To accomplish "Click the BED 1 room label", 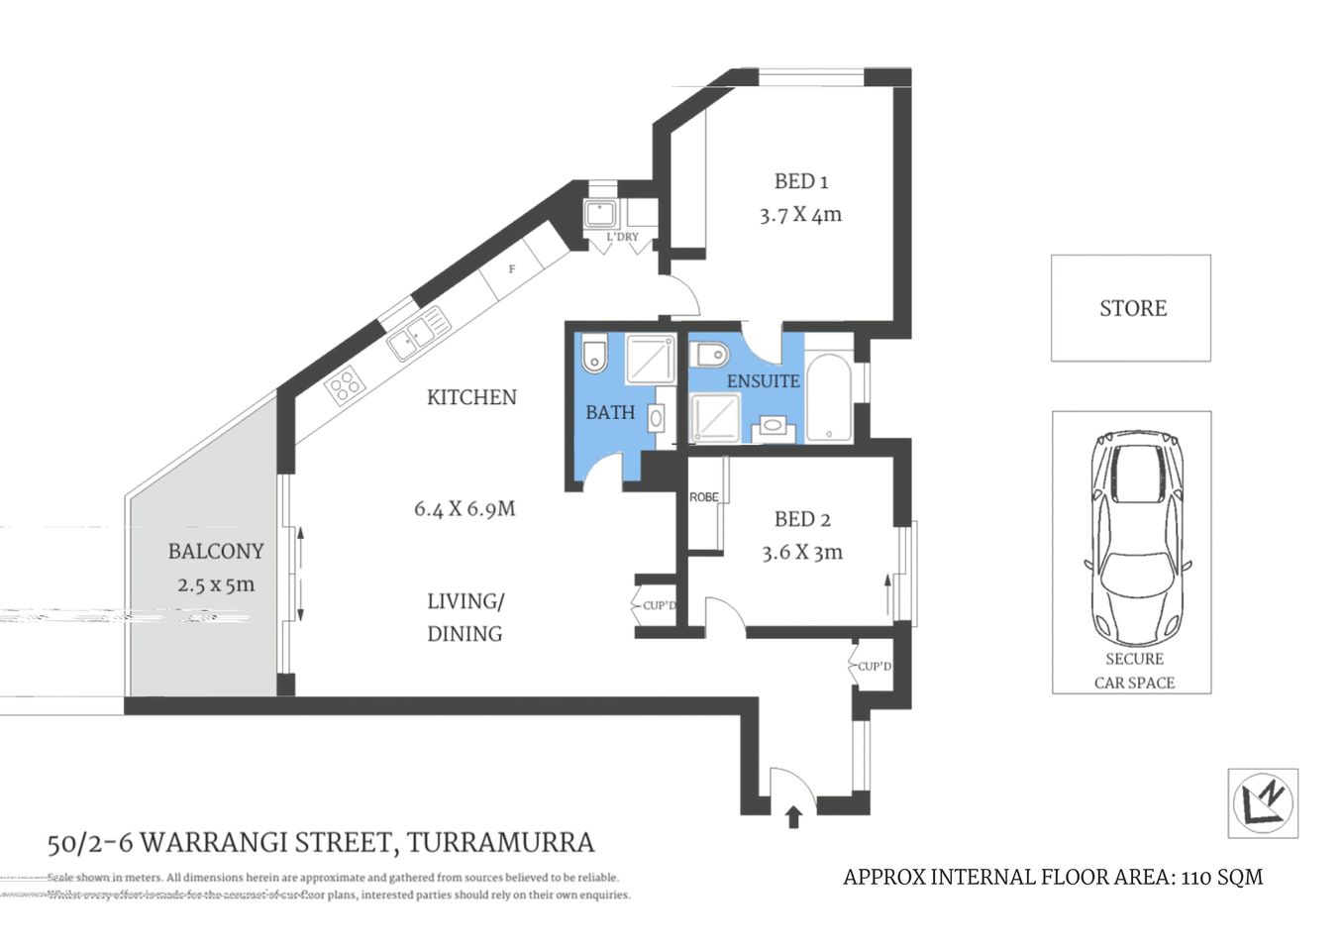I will [x=800, y=181].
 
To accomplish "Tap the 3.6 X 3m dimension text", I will [x=801, y=553].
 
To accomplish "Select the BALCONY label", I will [x=215, y=551].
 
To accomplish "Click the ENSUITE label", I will [x=763, y=381].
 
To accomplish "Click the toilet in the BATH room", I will [x=594, y=356].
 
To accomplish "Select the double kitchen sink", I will [x=419, y=334].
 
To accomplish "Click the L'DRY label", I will [x=623, y=238].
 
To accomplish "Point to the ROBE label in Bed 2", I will [x=704, y=497].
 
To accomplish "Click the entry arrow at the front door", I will [x=792, y=816].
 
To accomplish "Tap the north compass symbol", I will [x=1263, y=802].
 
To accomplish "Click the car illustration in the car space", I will [x=1134, y=535].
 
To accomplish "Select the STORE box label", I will [x=1132, y=308].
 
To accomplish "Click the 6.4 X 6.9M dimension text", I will [x=465, y=509].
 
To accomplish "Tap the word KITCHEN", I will [x=471, y=397].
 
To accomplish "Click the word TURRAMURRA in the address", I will [x=500, y=843].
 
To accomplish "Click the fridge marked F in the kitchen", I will [x=512, y=268].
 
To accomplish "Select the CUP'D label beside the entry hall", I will [x=874, y=667].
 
